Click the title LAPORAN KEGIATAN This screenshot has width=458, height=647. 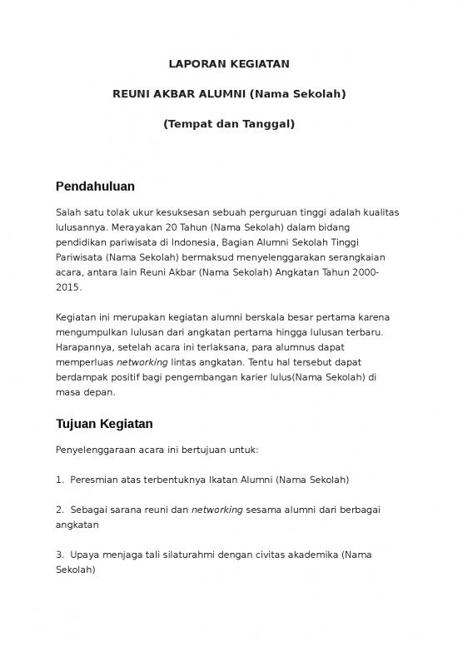point(228,63)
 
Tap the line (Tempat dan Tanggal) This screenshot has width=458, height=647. point(228,124)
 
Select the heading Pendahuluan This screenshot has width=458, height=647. point(95,186)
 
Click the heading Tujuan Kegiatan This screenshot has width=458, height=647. point(103,424)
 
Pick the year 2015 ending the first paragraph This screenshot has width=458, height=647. point(68,287)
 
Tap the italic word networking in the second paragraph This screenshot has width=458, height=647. point(142,363)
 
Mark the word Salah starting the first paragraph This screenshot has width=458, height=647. point(67,212)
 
